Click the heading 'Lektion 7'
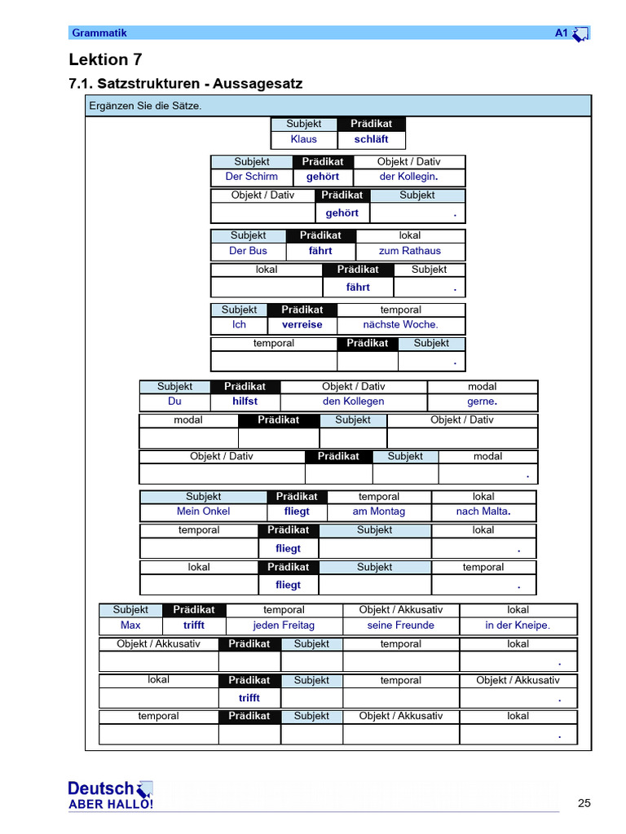(99, 59)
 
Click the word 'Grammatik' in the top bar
(99, 33)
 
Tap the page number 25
(584, 803)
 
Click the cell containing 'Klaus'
(303, 139)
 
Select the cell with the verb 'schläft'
(371, 139)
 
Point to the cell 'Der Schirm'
(251, 177)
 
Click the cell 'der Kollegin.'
(408, 177)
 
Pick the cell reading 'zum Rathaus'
(410, 251)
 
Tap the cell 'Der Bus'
(248, 251)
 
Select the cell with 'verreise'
(302, 324)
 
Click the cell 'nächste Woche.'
(400, 324)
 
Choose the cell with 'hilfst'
(245, 402)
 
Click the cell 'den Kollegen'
(353, 402)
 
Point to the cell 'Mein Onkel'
(203, 511)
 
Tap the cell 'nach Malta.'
(483, 511)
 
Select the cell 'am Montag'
(378, 511)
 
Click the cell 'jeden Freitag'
(284, 625)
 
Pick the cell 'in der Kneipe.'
(518, 625)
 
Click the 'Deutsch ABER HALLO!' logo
(110, 795)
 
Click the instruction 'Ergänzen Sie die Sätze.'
(146, 106)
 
